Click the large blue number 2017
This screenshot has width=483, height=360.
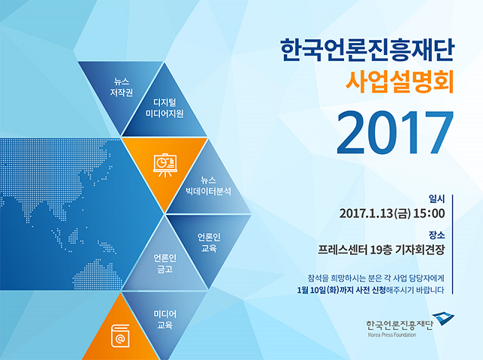[x=395, y=132]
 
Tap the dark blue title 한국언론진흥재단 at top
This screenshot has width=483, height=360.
[x=368, y=50]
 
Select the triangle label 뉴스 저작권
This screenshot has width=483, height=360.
[x=122, y=87]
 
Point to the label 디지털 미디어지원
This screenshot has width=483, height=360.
[x=165, y=108]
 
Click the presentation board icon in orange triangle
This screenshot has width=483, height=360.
[x=165, y=165]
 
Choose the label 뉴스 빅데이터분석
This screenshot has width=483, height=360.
[x=208, y=186]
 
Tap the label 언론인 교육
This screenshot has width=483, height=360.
[x=209, y=242]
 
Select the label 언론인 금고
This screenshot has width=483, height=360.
[x=165, y=263]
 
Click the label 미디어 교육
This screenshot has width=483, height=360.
[x=165, y=320]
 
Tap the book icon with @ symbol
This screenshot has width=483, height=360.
[x=120, y=336]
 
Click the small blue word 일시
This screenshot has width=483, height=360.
[x=437, y=199]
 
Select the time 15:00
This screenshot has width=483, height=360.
[x=429, y=214]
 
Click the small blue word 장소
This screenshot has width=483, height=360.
[x=437, y=235]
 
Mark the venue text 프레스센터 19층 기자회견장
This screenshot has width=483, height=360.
[x=381, y=250]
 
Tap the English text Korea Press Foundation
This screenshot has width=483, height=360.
[x=392, y=335]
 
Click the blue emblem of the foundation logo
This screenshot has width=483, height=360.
[x=443, y=319]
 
